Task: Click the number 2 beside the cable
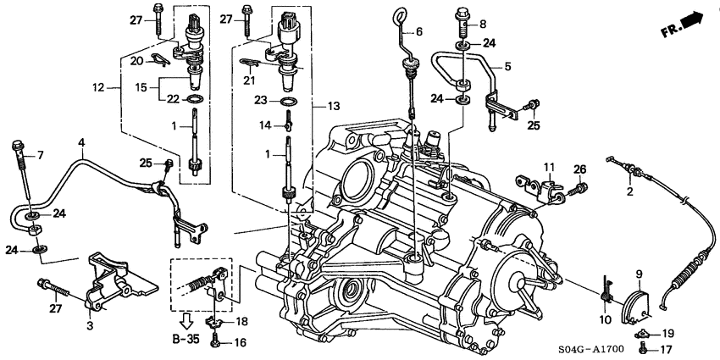pos(629,191)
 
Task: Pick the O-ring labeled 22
pos(194,99)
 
